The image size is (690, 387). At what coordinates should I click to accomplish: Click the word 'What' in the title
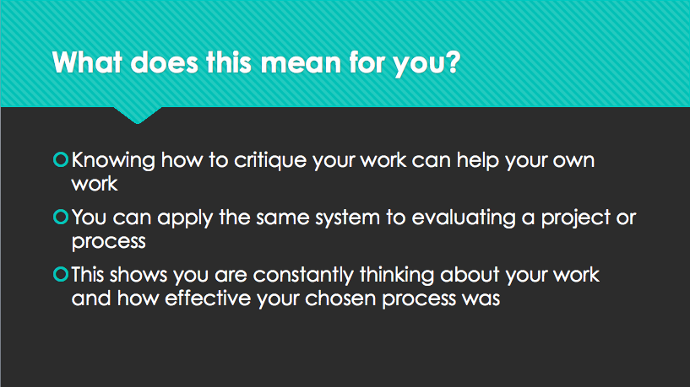(87, 62)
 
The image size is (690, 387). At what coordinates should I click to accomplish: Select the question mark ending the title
(452, 62)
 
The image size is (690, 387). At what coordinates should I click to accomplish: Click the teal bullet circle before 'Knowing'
(61, 159)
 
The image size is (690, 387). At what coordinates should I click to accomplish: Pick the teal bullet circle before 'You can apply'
(61, 217)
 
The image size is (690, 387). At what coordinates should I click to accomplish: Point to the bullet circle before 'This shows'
(61, 275)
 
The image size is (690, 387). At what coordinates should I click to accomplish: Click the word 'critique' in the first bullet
(270, 161)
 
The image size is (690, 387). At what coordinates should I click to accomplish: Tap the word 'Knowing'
(113, 161)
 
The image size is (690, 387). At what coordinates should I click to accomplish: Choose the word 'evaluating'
(464, 218)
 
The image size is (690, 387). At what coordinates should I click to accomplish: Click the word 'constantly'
(303, 276)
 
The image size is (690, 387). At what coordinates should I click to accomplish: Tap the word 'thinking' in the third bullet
(398, 276)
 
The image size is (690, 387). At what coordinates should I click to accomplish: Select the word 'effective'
(208, 298)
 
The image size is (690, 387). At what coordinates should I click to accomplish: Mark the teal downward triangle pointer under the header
(138, 114)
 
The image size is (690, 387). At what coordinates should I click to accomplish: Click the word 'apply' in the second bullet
(185, 218)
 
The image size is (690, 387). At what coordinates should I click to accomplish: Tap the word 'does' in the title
(164, 62)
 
